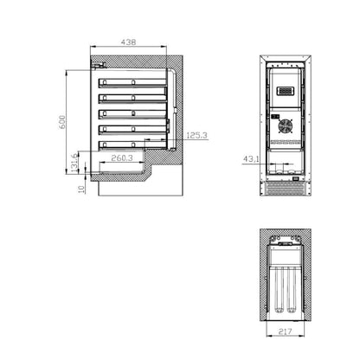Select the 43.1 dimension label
(x=250, y=159)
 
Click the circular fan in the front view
(x=285, y=125)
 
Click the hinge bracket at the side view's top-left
(x=98, y=65)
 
